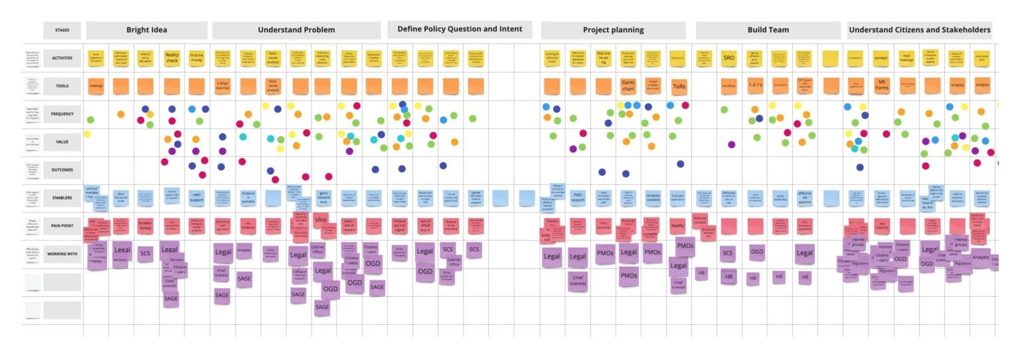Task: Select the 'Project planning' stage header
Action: pos(613,30)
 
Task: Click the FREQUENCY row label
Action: pos(62,114)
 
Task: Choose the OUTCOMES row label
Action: pos(62,169)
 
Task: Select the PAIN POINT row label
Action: pos(62,226)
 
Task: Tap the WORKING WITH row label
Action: pos(62,254)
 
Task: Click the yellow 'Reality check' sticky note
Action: pos(172,58)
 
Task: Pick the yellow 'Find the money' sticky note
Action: pos(197,58)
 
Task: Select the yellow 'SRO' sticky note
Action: pos(728,58)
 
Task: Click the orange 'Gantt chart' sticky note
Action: pos(628,86)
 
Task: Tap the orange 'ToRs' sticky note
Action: pos(679,86)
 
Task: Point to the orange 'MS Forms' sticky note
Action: pos(881,86)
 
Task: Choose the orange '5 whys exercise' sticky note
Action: pos(222,86)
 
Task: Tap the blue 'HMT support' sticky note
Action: pos(197,197)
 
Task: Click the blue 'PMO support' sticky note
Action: pos(578,198)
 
